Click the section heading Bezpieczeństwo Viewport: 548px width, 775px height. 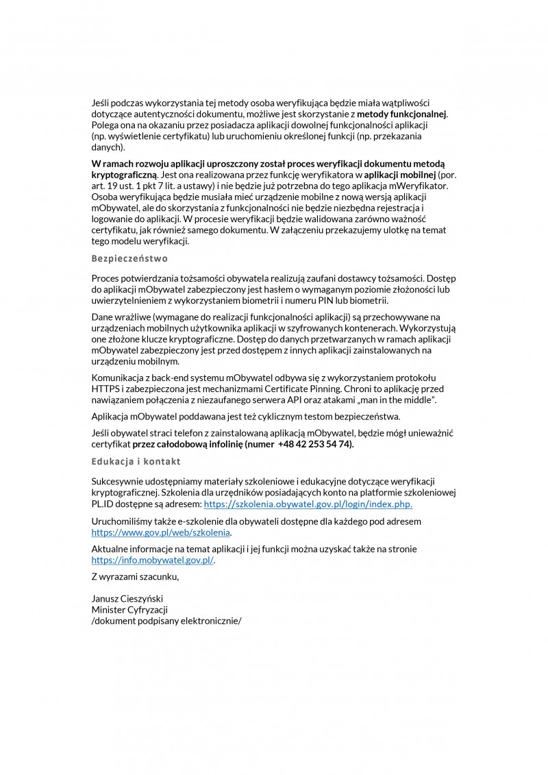click(x=129, y=259)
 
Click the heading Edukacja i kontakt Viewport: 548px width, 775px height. click(x=136, y=461)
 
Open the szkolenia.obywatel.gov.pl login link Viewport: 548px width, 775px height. click(x=308, y=504)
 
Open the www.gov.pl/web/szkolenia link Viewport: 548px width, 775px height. click(x=161, y=532)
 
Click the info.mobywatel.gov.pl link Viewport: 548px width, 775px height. click(x=153, y=560)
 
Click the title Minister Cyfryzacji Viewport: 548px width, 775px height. click(x=129, y=609)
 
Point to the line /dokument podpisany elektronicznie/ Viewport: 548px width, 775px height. click(x=166, y=620)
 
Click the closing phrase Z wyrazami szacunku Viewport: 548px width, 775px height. click(x=135, y=576)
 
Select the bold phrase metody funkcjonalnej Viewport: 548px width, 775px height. click(x=402, y=113)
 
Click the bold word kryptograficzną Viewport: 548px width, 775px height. click(x=123, y=174)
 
